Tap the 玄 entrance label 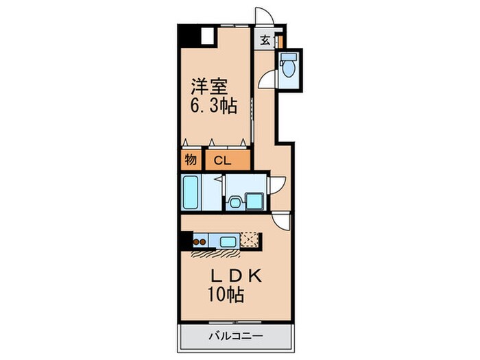tap(265, 40)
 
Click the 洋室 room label tap(208, 87)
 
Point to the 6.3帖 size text tap(213, 107)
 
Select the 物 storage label tap(191, 161)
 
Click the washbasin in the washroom tap(235, 202)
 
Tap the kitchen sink tap(228, 241)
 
